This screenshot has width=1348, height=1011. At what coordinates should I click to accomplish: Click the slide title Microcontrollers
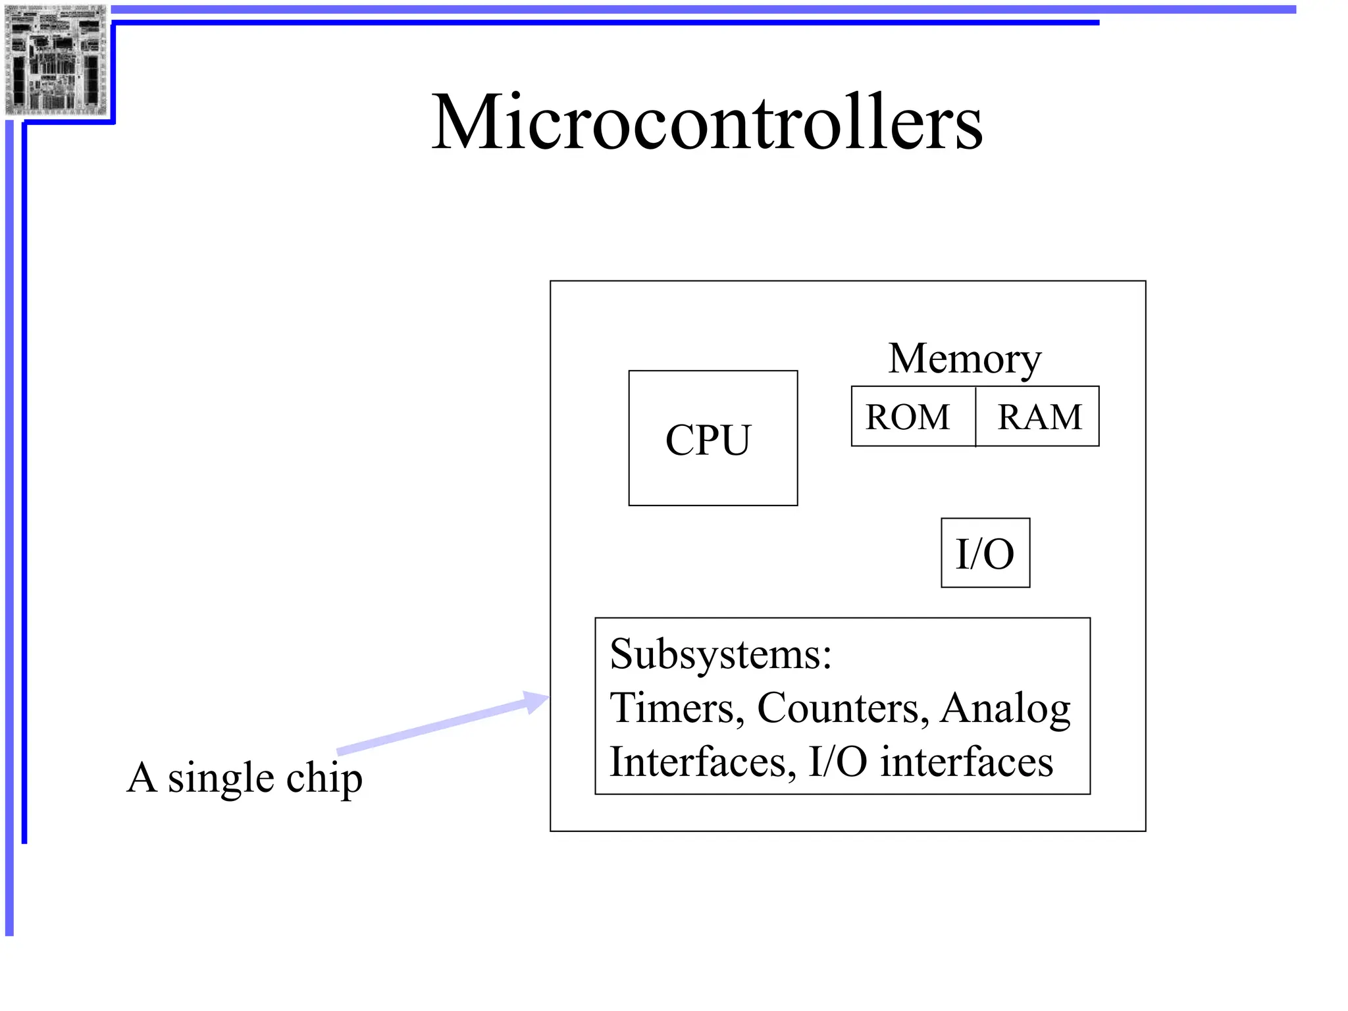(707, 123)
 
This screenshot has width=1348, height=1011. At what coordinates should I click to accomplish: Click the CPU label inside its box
(708, 440)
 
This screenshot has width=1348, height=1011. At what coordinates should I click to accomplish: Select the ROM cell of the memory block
(908, 417)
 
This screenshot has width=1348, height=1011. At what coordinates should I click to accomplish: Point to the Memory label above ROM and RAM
(965, 359)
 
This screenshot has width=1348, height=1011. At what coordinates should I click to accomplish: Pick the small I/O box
(985, 554)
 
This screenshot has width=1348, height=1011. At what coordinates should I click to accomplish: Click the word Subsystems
(720, 655)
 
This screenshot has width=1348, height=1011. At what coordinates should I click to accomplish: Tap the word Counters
(842, 708)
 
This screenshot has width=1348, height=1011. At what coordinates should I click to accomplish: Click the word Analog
(1005, 710)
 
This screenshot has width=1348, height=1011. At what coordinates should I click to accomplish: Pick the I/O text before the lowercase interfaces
(837, 762)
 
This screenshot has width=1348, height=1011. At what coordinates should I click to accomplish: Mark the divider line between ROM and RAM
(975, 417)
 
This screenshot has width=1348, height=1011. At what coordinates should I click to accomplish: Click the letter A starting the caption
(142, 777)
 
